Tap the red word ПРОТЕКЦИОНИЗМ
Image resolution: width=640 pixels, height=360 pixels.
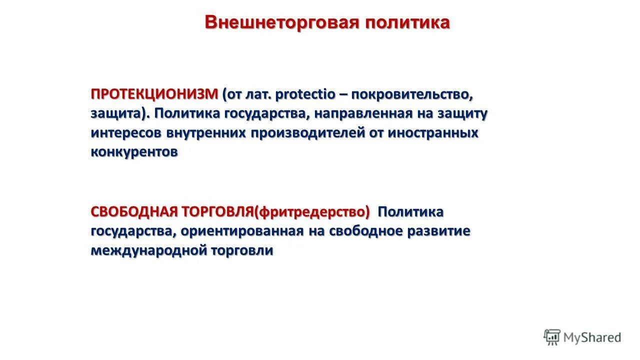(154, 94)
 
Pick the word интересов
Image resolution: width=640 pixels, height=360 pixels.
(126, 133)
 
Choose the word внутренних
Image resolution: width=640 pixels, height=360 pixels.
(206, 133)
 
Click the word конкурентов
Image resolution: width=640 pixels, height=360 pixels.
(134, 152)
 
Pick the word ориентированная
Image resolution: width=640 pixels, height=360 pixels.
(242, 231)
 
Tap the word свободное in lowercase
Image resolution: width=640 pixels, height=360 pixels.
(369, 231)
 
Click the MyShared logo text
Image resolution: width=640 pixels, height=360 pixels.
(592, 337)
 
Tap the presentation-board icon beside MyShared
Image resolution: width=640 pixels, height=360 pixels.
(552, 337)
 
